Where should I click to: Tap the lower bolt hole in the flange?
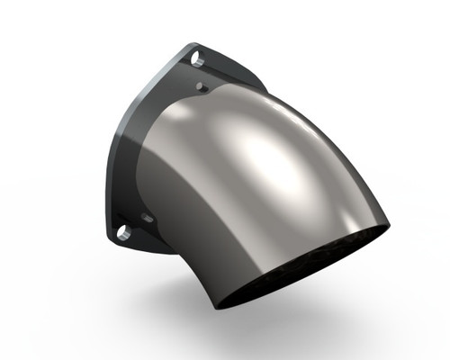[124, 232]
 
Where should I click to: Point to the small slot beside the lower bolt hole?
[146, 218]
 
